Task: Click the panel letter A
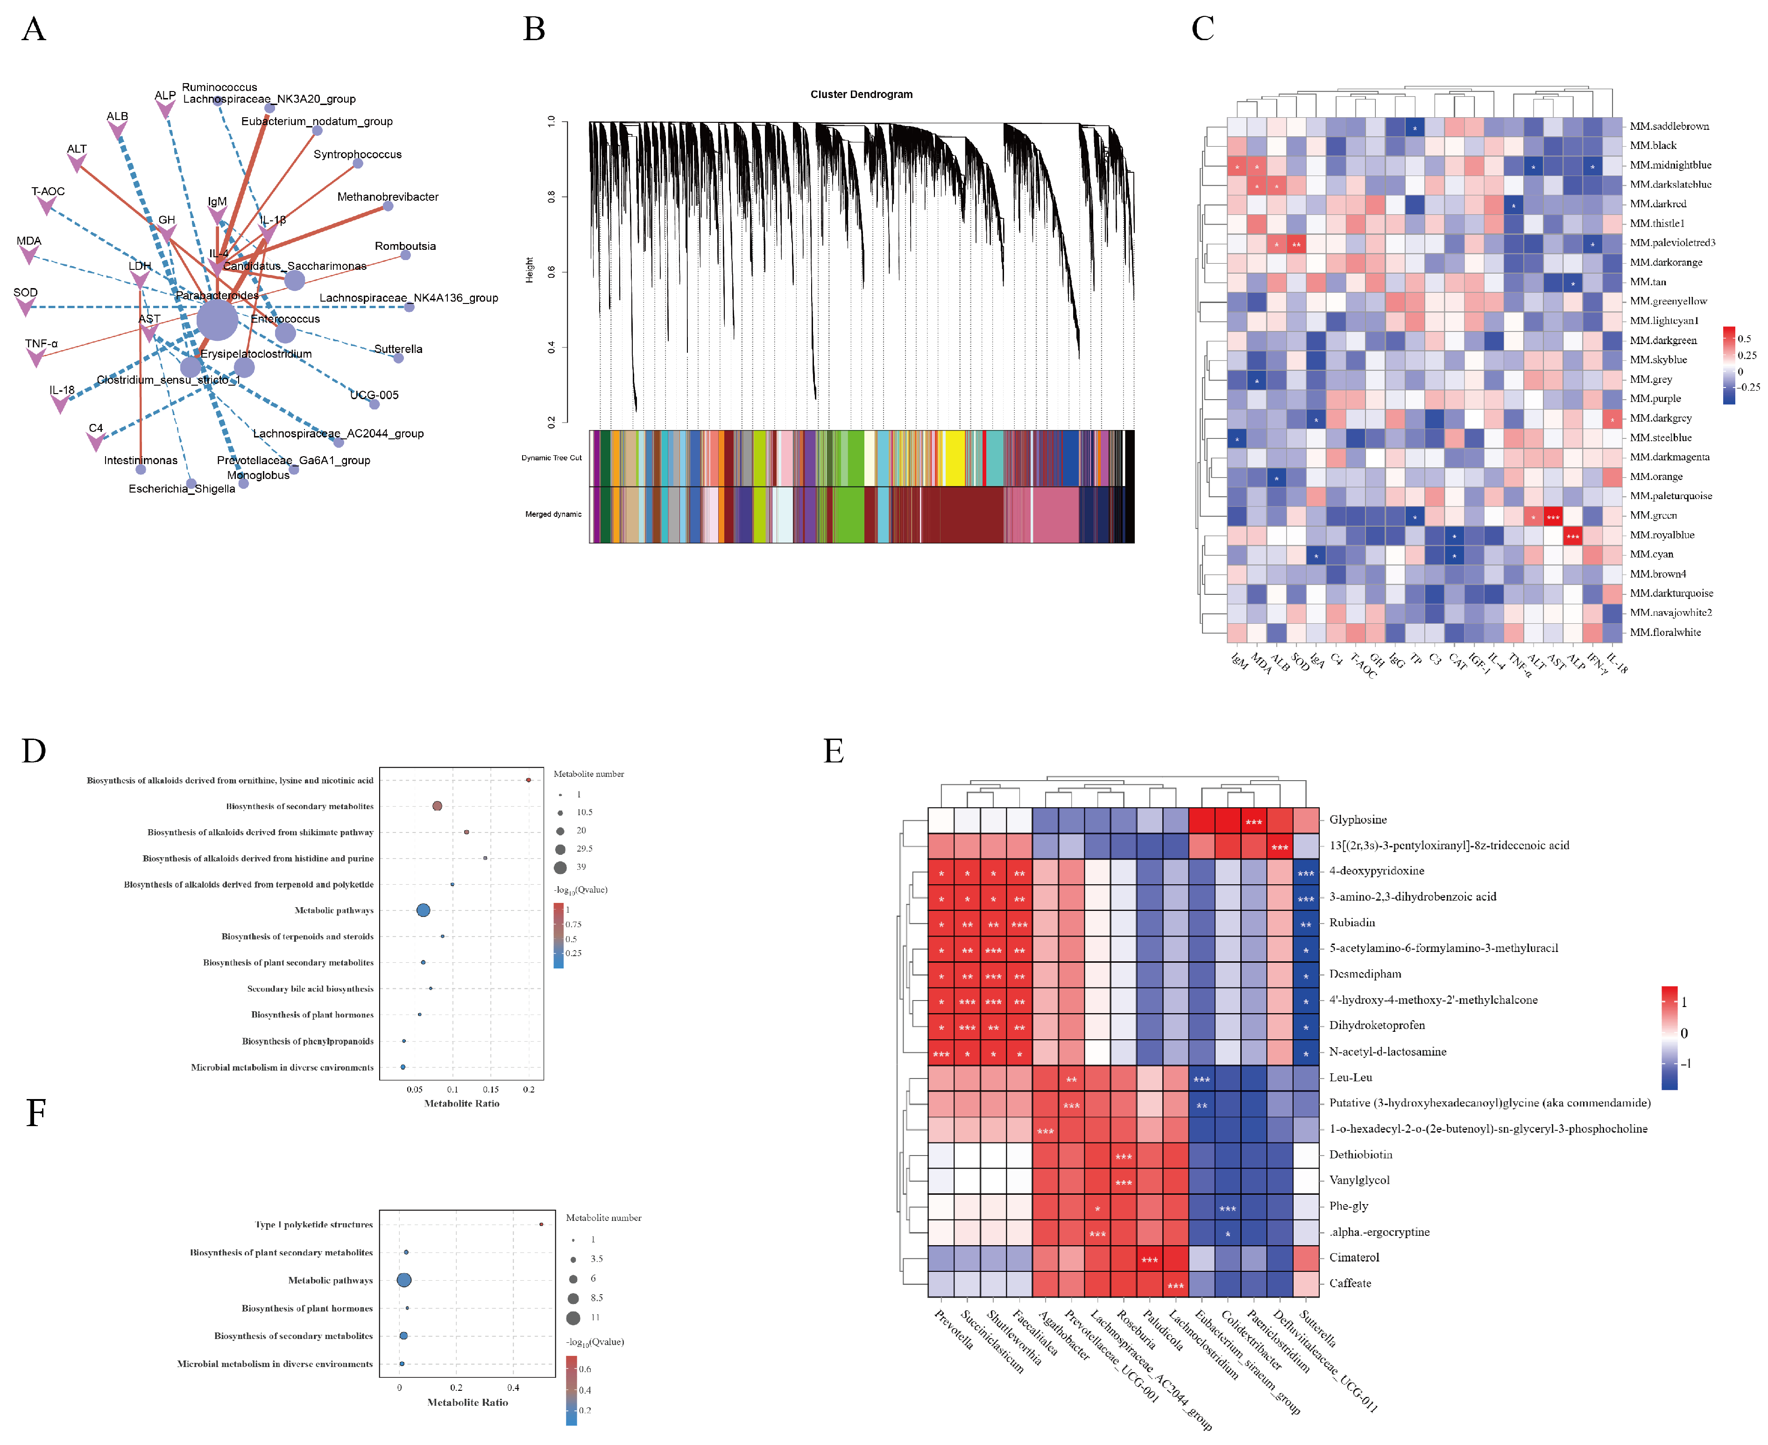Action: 33,29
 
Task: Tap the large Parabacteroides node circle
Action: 217,320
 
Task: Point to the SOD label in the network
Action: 25,292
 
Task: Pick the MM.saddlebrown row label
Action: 1669,126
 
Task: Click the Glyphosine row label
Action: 1358,819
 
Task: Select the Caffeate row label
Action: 1349,1283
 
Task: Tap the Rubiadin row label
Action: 1352,922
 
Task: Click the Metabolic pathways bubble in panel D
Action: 423,910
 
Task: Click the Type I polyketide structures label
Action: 314,1225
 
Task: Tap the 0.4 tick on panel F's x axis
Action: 513,1388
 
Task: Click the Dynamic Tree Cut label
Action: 551,458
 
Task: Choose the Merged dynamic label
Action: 553,515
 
